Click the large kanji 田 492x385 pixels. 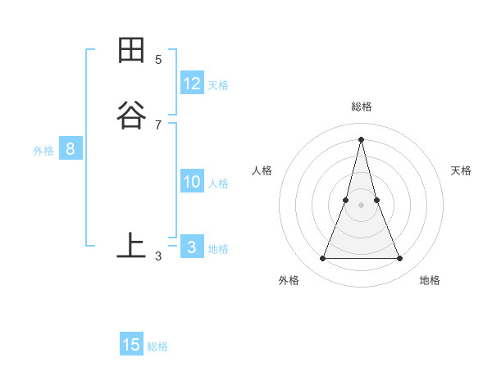[131, 50]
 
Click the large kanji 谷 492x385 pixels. [131, 114]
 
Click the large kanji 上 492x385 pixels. [131, 245]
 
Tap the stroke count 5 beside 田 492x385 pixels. [158, 59]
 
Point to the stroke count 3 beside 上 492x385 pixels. [158, 256]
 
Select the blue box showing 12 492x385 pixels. [192, 84]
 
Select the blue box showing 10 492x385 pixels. [192, 182]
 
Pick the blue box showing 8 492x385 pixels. [71, 149]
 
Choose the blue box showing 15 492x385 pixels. [131, 345]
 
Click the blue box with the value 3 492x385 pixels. [192, 247]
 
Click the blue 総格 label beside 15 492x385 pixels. [157, 346]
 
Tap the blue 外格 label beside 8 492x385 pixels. [43, 151]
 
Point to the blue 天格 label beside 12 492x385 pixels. [218, 85]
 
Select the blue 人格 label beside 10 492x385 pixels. [219, 183]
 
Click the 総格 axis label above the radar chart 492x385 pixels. [362, 106]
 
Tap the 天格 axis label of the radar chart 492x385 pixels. [462, 170]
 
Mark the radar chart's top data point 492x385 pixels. [362, 138]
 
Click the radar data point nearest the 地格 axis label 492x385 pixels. [400, 259]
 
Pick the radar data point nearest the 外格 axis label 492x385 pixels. [322, 259]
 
